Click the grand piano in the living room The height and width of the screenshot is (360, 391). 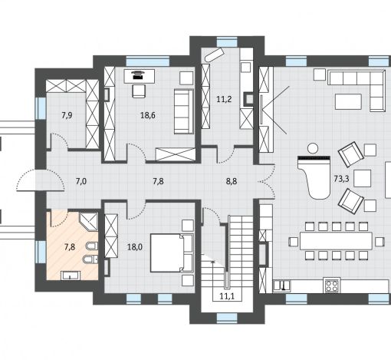tap(314, 177)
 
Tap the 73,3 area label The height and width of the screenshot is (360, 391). tap(341, 179)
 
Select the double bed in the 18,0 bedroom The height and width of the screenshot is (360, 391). tap(172, 253)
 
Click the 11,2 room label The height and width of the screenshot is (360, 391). tap(224, 99)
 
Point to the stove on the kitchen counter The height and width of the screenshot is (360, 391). tap(332, 285)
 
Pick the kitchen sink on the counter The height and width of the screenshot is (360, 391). tap(282, 286)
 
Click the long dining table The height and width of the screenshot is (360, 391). tap(336, 241)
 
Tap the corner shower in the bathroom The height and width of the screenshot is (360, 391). tap(89, 221)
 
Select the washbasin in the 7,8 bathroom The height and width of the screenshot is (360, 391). tap(71, 276)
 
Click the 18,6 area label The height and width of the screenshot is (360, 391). tap(148, 115)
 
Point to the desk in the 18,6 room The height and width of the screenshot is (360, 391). tap(140, 76)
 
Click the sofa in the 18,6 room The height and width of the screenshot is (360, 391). tap(184, 111)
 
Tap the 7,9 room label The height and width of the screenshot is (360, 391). tap(67, 115)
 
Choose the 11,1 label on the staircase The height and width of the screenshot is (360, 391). tap(227, 296)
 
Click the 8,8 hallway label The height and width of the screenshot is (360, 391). tap(232, 181)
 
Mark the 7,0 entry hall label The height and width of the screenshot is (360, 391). tap(81, 181)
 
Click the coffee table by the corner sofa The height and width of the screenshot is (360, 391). tap(349, 101)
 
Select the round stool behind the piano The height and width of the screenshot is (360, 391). tap(312, 148)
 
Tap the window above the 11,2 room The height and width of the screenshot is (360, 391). tap(227, 42)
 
